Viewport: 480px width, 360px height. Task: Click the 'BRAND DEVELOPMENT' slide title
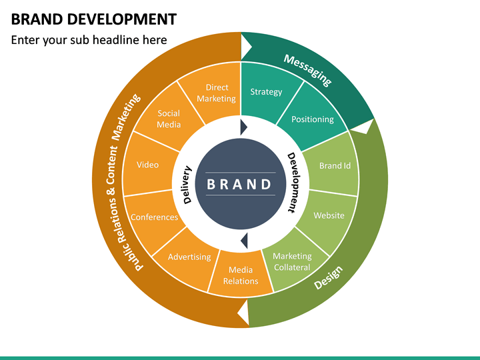coord(94,19)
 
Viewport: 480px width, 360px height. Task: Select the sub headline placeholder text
coord(89,40)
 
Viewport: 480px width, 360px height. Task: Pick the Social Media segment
coord(169,119)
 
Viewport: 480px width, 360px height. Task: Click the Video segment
coord(147,165)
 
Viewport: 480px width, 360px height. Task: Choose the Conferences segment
coord(154,217)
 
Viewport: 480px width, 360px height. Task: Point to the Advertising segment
coord(189,257)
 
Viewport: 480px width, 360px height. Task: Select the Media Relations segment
coord(241,275)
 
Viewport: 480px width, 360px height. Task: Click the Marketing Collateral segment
coord(292,261)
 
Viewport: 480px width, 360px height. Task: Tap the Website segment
coord(329,215)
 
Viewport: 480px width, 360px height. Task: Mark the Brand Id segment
coord(335,166)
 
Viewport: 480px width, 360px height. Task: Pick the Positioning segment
coord(313,119)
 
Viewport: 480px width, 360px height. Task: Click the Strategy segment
coord(266,92)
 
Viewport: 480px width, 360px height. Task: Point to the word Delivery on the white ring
coord(187,185)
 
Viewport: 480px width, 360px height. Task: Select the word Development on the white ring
coord(293,183)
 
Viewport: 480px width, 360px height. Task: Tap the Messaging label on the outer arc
coord(307,70)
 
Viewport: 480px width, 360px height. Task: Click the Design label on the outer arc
coord(328,278)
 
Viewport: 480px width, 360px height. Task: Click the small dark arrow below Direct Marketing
coord(243,127)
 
